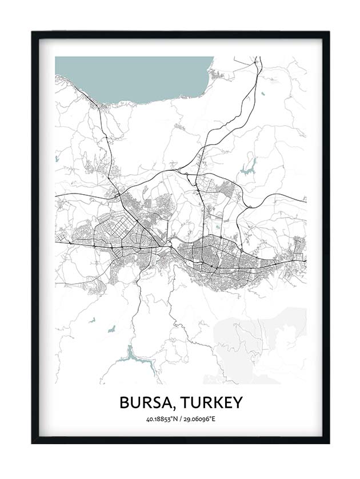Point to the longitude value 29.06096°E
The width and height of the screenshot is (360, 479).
pos(198,420)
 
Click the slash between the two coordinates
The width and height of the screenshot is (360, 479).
pos(179,420)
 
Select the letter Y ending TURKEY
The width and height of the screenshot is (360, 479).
pos(237,402)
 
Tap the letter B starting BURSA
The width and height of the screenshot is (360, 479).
pos(125,402)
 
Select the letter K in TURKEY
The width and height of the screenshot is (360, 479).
pos(214,402)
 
